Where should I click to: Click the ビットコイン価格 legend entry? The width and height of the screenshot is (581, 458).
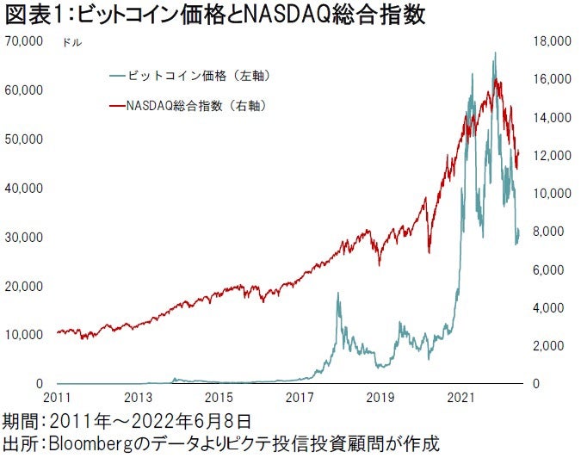click(197, 76)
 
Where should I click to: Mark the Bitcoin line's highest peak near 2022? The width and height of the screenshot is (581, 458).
click(495, 53)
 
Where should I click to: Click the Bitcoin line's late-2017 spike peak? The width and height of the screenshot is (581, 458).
click(337, 294)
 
